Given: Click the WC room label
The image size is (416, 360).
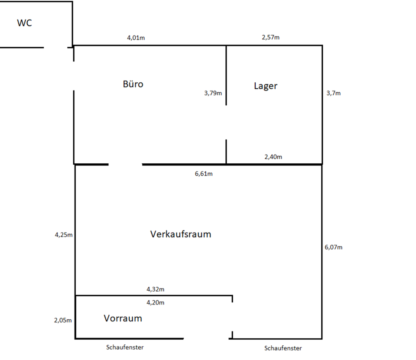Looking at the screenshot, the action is [24, 23].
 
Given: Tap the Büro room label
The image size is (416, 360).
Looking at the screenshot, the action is [133, 84].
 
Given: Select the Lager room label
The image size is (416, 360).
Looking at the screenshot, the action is [266, 86].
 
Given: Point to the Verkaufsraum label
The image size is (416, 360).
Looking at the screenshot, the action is [181, 234].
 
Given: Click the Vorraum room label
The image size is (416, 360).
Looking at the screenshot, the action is [123, 318].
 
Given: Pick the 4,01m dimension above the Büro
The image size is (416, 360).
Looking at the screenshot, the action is [136, 38].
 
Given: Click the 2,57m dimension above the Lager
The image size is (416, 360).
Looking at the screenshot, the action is [270, 37].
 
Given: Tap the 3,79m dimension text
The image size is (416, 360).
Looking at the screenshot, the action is [213, 93].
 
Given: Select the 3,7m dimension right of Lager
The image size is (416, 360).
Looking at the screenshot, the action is [333, 93].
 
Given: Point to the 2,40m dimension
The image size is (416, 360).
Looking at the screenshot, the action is [273, 157].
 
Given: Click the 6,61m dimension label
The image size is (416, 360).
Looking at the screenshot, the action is [204, 174].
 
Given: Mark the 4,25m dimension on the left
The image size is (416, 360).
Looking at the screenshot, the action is [63, 235].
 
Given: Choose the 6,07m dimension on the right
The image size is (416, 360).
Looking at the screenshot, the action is [333, 247].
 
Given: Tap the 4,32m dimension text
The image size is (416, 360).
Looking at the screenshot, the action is [155, 289].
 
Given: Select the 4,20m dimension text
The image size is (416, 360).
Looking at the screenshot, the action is [155, 303].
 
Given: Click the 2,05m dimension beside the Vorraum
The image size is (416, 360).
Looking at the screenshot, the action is [63, 321].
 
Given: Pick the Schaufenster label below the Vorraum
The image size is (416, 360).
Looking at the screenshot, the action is [125, 347].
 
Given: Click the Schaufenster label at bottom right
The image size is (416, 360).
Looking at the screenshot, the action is [283, 348].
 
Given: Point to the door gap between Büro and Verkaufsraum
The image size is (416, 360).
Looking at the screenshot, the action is [125, 165].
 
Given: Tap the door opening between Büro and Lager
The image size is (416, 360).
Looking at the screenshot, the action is [226, 123].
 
